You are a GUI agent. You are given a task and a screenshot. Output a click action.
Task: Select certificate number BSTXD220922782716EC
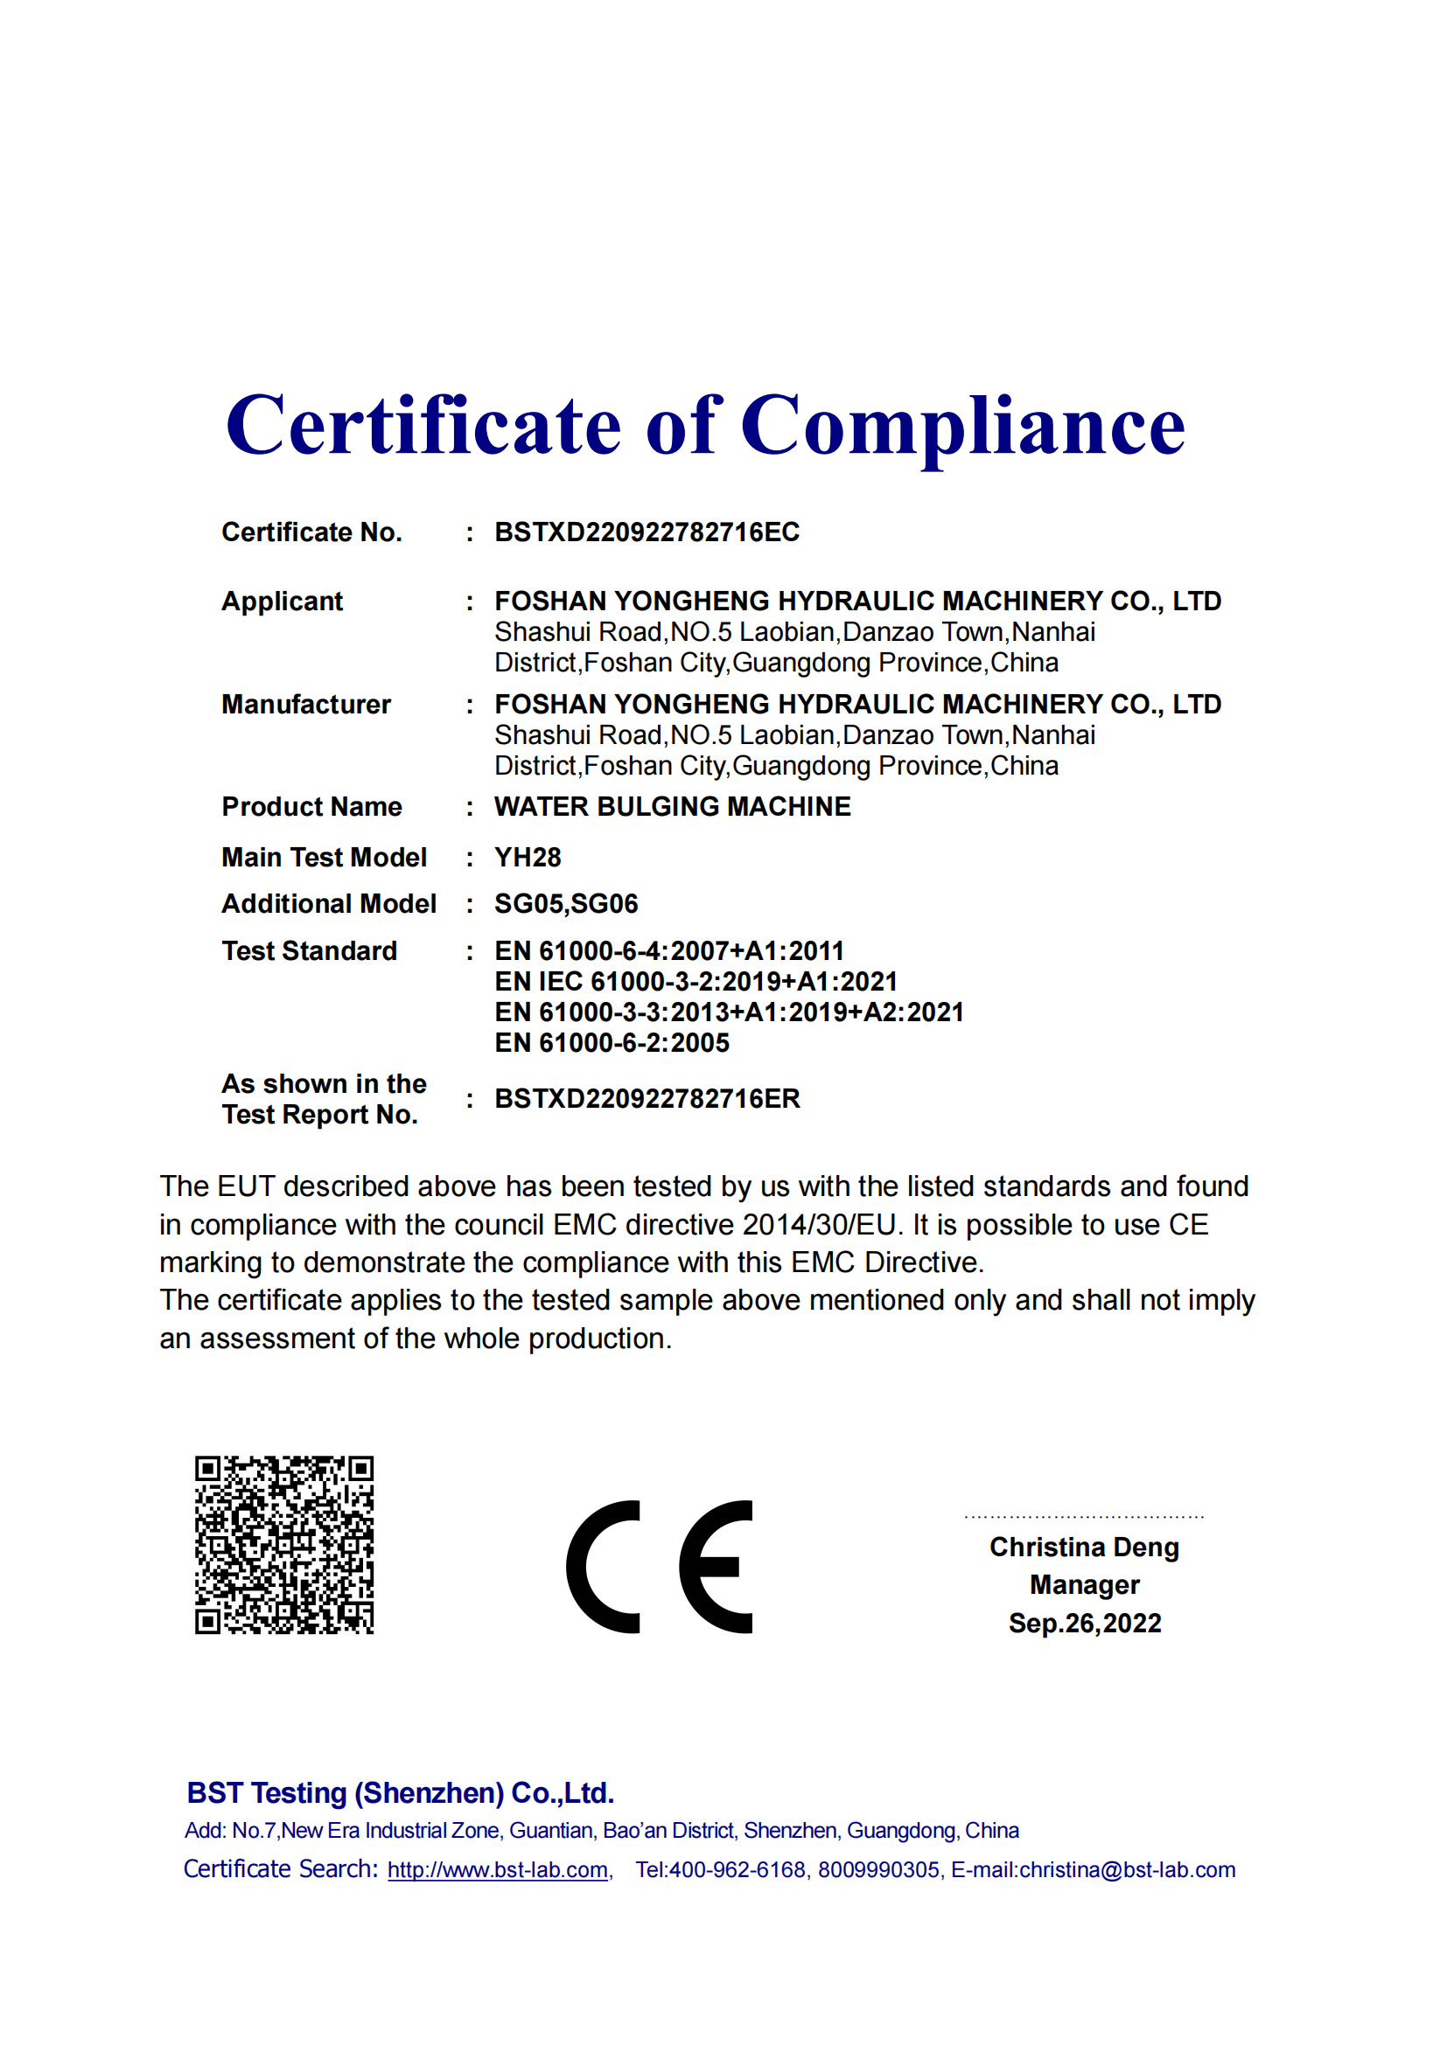[647, 532]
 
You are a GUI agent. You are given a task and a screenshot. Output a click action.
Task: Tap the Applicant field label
[282, 602]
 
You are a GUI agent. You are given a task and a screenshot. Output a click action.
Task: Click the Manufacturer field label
[305, 705]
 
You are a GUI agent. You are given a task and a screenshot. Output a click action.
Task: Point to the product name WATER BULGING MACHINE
[673, 807]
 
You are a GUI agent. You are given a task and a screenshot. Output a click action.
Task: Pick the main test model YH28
[528, 858]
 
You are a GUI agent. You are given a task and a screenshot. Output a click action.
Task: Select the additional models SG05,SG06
[566, 904]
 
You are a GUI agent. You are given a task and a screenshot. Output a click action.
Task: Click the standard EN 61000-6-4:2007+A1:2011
[668, 951]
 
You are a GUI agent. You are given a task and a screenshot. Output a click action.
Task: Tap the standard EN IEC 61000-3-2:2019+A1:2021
[696, 982]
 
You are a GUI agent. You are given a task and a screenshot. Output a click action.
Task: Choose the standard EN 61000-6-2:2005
[612, 1043]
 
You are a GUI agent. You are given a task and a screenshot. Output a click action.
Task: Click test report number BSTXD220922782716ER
[647, 1099]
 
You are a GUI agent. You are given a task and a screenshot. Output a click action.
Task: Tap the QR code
[284, 1545]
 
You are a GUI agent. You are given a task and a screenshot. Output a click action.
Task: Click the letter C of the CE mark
[605, 1567]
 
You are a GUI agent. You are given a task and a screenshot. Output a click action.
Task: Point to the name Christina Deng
[1084, 1548]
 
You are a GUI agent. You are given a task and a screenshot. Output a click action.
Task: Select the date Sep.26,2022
[1084, 1624]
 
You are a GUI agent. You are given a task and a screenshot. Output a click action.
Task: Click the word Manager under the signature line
[1084, 1585]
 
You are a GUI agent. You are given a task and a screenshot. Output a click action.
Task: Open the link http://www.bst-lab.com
[498, 1870]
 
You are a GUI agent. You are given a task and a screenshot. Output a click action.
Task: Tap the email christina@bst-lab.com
[1127, 1870]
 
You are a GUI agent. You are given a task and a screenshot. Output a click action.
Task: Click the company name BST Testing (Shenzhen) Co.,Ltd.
[400, 1793]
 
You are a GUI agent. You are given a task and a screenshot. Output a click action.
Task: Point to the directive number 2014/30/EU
[819, 1226]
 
